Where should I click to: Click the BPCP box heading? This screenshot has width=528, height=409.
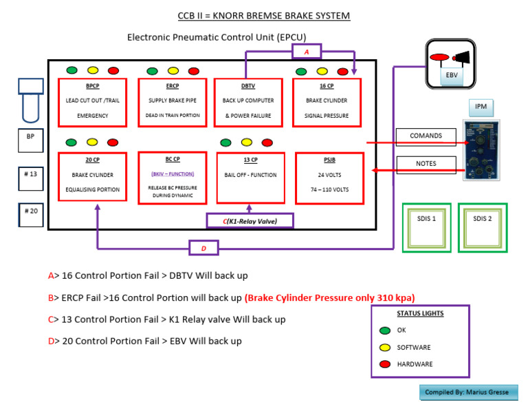(x=92, y=87)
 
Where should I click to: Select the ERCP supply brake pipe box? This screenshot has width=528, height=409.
(x=173, y=102)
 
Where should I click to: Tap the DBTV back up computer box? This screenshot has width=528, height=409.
(x=248, y=102)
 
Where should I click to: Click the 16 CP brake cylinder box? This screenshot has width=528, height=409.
(x=327, y=102)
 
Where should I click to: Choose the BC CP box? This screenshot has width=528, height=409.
(x=173, y=176)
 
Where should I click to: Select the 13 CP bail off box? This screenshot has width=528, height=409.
(x=250, y=176)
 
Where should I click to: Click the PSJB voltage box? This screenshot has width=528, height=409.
(x=327, y=176)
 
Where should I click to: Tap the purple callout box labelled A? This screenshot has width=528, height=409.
(x=307, y=52)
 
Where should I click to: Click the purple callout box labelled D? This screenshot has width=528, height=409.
(x=203, y=248)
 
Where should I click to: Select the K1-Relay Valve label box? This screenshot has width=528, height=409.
(x=250, y=220)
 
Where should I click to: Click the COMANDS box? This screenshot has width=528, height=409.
(x=426, y=136)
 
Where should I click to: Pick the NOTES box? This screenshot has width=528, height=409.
(x=426, y=164)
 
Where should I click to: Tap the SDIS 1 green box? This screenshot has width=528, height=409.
(x=426, y=227)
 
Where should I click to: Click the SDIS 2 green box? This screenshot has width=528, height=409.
(x=483, y=227)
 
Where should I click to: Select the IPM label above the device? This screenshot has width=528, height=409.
(x=481, y=107)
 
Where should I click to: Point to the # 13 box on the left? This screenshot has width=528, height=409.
(x=30, y=175)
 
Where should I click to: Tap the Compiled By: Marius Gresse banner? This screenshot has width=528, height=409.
(x=467, y=392)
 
